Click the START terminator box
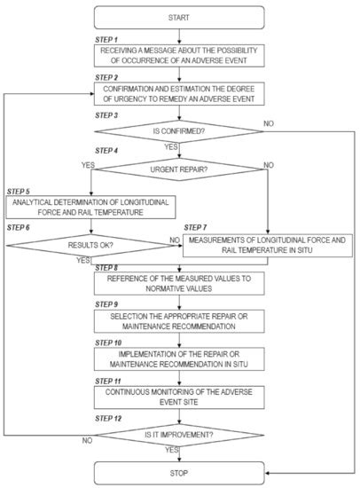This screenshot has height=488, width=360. click(179, 17)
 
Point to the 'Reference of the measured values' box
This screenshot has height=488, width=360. click(179, 282)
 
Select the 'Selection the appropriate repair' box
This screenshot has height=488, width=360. click(179, 320)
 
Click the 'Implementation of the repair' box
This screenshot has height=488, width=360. click(179, 358)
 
